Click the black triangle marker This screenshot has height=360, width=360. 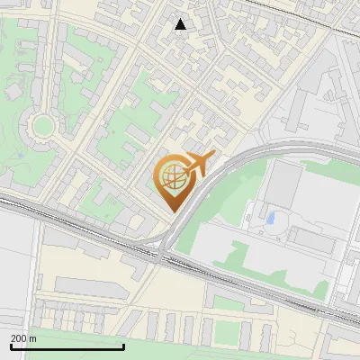click(181, 24)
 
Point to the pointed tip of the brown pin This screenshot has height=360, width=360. click(172, 211)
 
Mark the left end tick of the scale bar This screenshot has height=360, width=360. click(11, 345)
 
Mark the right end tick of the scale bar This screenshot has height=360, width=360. click(123, 345)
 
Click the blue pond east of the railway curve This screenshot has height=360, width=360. click(271, 218)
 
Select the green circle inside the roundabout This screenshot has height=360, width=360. click(41, 125)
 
